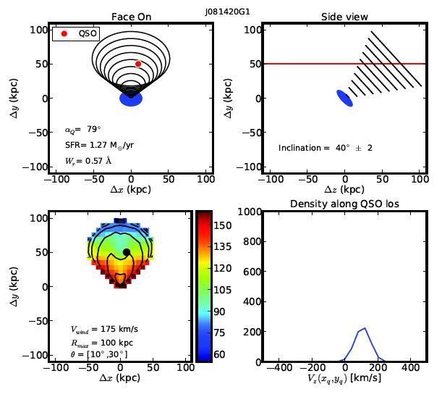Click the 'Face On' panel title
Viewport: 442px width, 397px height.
(x=131, y=17)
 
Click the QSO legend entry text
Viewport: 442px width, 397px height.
(x=87, y=33)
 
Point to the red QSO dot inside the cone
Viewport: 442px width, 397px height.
(x=138, y=64)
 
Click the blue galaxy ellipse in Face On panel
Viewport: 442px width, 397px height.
(x=131, y=99)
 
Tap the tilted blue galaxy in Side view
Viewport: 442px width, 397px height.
(x=345, y=99)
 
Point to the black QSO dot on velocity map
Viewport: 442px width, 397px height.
(x=127, y=252)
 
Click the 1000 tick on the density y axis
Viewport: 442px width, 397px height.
(x=247, y=212)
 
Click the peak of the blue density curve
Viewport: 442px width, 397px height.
(x=365, y=328)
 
